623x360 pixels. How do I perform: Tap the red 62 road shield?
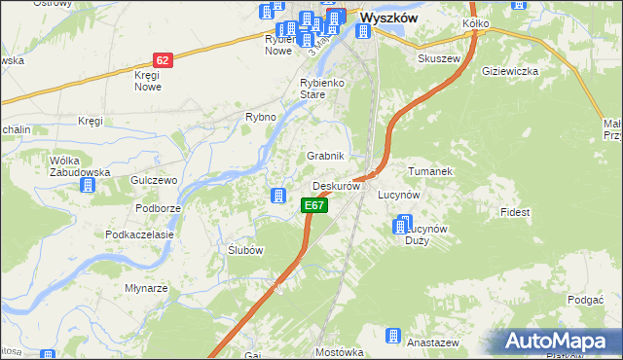click(x=163, y=59)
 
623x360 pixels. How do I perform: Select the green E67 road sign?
click(x=312, y=205)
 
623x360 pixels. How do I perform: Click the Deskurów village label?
click(x=337, y=185)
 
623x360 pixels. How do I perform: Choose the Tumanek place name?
click(x=431, y=171)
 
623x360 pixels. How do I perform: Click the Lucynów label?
click(x=398, y=195)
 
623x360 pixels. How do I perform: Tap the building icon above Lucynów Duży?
click(x=401, y=227)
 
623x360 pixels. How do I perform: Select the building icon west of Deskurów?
click(x=278, y=196)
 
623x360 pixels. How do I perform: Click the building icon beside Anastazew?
click(x=393, y=337)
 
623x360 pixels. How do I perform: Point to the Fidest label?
click(x=514, y=211)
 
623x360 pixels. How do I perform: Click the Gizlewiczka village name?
click(x=510, y=71)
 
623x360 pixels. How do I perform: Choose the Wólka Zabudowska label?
click(x=80, y=166)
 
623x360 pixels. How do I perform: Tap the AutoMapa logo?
click(x=558, y=340)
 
